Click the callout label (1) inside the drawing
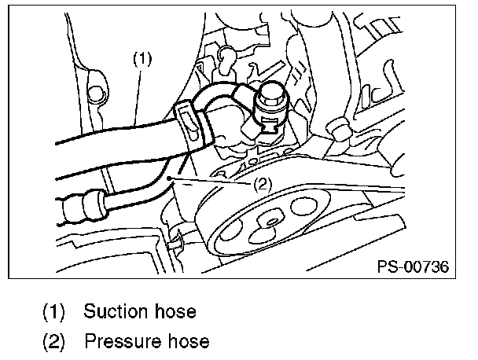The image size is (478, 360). point(142,57)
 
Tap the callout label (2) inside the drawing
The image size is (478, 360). point(263,186)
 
